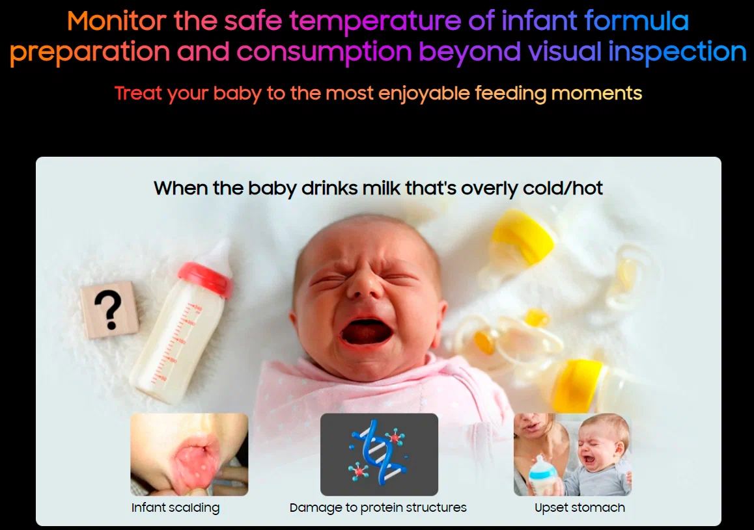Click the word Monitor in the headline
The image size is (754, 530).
pos(117,21)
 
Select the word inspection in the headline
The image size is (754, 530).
pos(677,52)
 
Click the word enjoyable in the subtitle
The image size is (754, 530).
pos(424,94)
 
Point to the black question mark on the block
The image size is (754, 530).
pos(109,310)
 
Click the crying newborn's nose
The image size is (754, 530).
pos(364,286)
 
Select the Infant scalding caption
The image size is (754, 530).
pos(176,507)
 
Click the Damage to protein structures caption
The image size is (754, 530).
pos(378,507)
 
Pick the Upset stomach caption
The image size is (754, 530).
pos(580,507)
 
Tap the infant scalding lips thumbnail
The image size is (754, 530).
pos(189,454)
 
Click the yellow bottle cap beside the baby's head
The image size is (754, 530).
pos(522,236)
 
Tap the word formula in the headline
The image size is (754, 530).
pos(637,21)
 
